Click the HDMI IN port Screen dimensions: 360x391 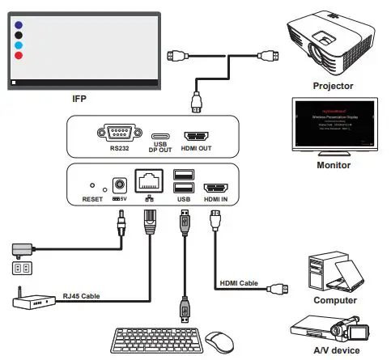[x=215, y=184]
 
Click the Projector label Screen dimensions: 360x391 [x=334, y=85]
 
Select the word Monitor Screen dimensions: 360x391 [x=334, y=166]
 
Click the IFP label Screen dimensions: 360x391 [x=79, y=98]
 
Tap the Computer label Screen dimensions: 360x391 [x=334, y=300]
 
